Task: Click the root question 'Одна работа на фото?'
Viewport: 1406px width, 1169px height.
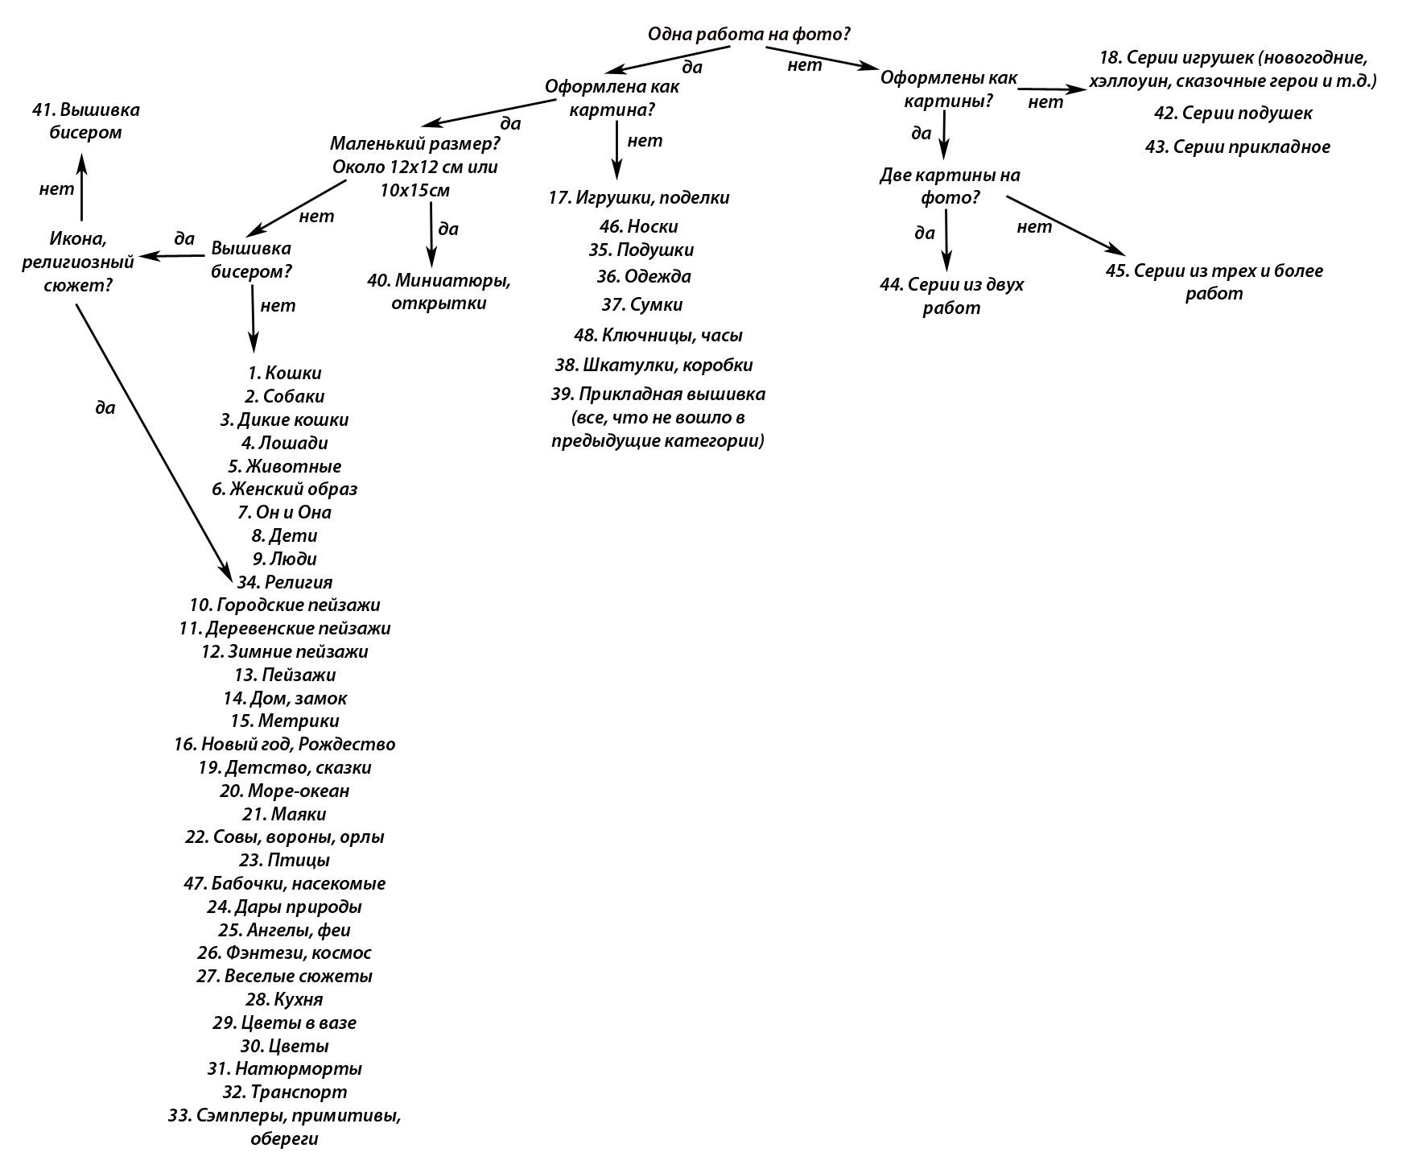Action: click(x=749, y=35)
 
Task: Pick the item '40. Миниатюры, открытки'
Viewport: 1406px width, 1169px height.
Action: click(x=439, y=291)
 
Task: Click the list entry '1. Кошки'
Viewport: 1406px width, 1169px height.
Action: click(x=285, y=373)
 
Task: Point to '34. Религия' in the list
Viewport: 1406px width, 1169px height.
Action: click(x=285, y=581)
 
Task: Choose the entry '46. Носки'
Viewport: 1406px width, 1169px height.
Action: click(x=639, y=226)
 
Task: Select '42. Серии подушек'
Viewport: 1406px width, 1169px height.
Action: click(x=1233, y=114)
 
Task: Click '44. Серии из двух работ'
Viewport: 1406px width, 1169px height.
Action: click(x=951, y=295)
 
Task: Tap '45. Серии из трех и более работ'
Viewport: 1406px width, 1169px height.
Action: click(x=1214, y=282)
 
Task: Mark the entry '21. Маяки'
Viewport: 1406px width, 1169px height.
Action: click(x=284, y=814)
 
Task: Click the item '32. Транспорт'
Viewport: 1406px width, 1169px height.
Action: click(x=285, y=1093)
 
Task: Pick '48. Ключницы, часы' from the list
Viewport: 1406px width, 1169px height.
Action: click(x=658, y=335)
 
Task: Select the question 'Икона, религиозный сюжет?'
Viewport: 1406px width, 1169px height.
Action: click(x=77, y=262)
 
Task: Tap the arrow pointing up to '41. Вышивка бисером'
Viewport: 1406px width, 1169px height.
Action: click(x=81, y=187)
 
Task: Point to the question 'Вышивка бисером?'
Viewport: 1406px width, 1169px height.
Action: click(x=251, y=259)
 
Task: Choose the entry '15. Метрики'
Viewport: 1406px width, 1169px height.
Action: click(x=285, y=721)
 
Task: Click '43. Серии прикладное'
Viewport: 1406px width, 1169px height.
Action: click(x=1237, y=147)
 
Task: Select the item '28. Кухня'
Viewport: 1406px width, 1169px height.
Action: click(x=285, y=999)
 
